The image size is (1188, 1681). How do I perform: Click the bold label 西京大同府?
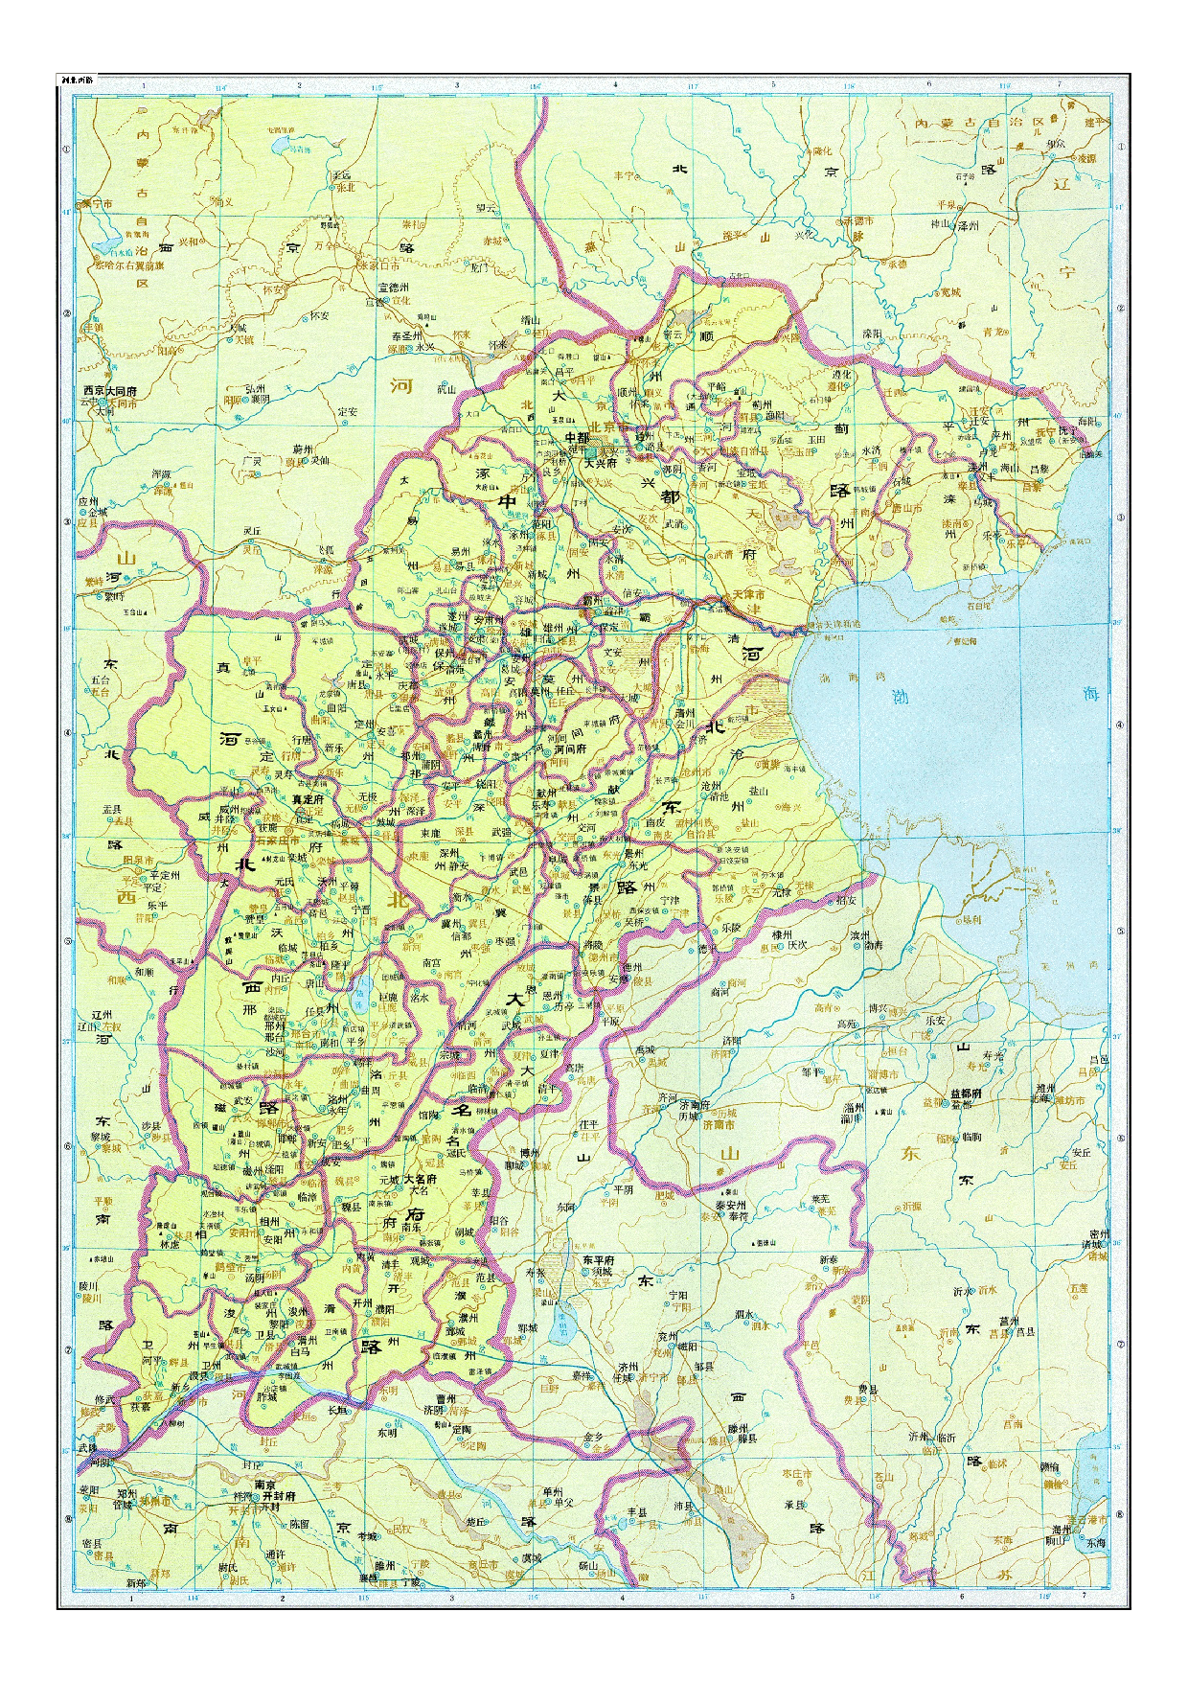109,391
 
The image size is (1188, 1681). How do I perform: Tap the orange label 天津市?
748,595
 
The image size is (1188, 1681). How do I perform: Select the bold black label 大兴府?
602,463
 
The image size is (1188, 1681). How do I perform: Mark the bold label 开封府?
276,1495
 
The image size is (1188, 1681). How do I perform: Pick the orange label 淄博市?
881,1074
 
